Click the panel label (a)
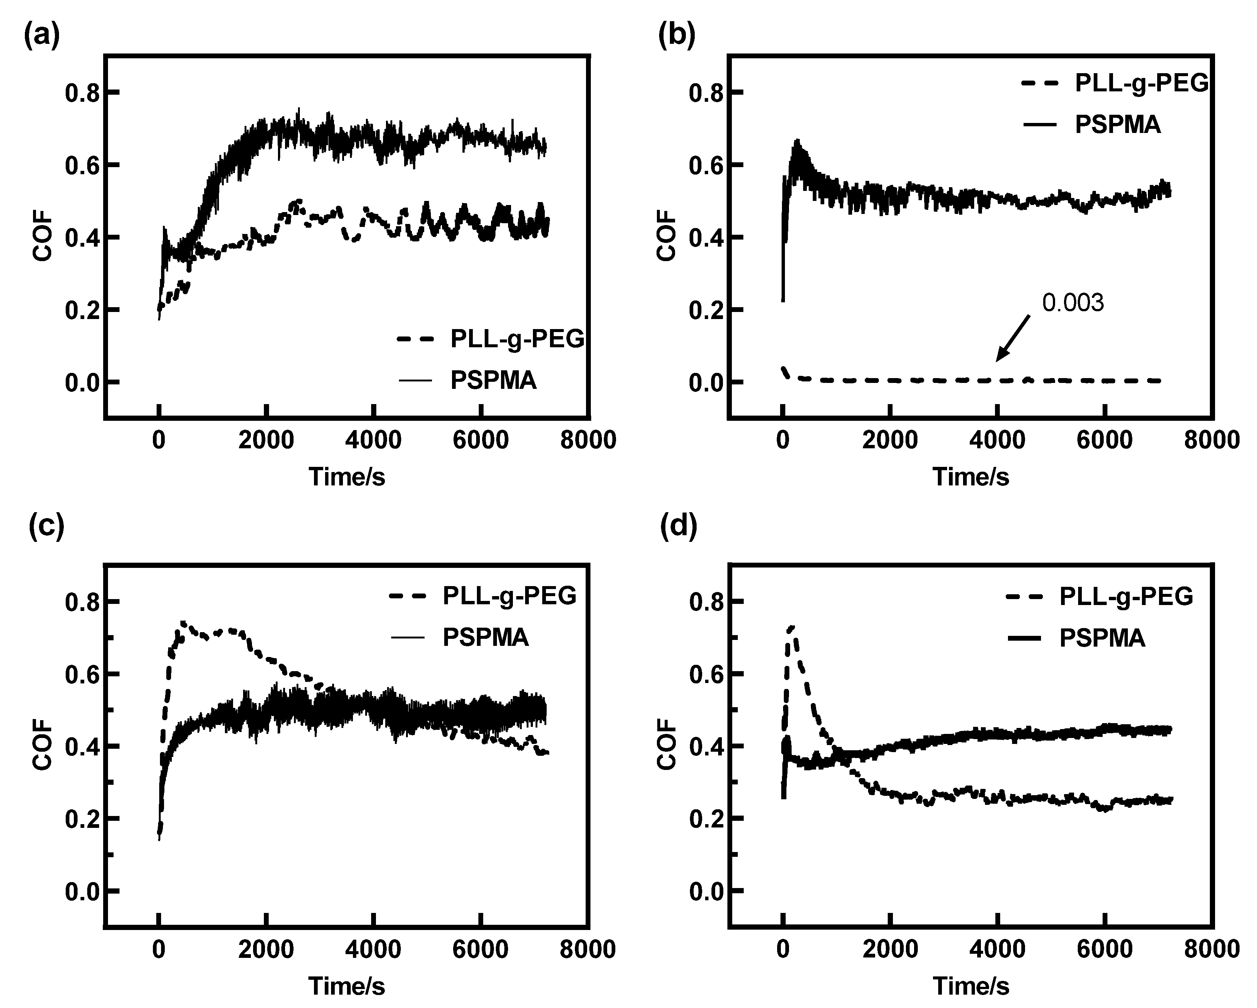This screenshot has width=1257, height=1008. click(42, 36)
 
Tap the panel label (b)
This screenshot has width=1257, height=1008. click(676, 36)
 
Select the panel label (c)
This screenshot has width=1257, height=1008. click(46, 526)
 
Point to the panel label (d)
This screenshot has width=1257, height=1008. click(678, 526)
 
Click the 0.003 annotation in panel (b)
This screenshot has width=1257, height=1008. click(1073, 303)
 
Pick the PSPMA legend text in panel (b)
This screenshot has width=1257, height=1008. click(1118, 124)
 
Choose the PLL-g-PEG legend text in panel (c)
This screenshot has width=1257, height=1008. click(510, 596)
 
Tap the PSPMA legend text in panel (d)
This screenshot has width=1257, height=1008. click(1102, 638)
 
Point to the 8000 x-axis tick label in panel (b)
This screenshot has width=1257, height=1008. click(1211, 440)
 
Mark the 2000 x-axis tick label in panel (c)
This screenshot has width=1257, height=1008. click(266, 949)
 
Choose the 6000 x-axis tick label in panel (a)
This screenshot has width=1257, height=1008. click(480, 440)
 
